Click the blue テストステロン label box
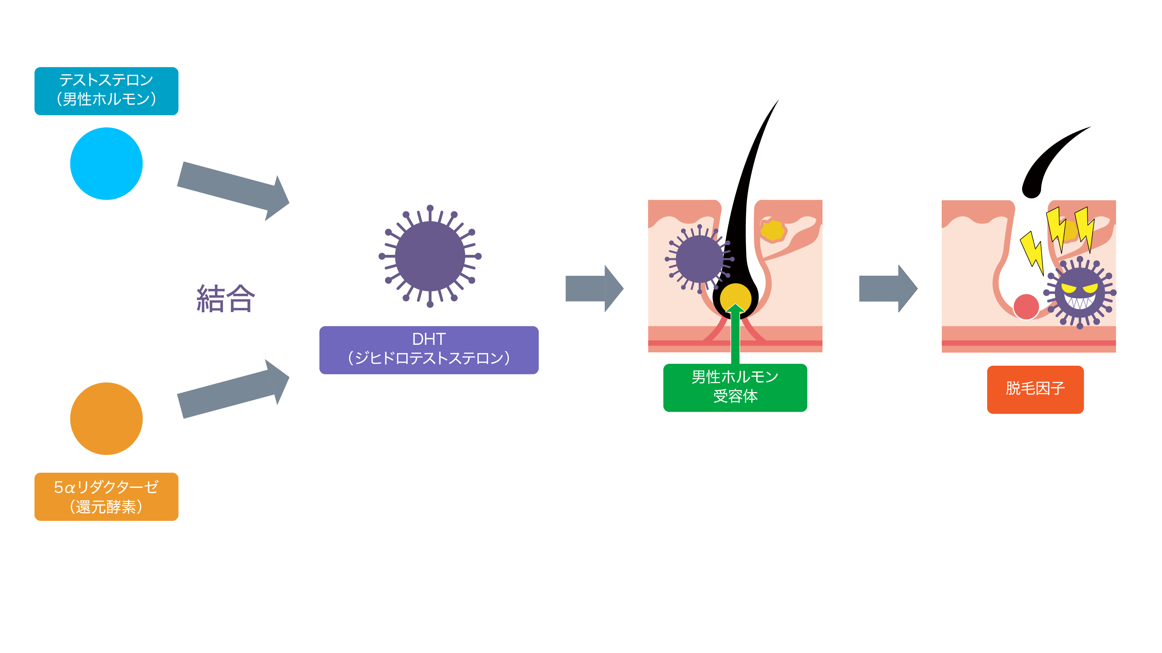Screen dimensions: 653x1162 107,91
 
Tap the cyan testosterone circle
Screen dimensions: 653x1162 107,164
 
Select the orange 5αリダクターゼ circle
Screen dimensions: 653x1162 107,419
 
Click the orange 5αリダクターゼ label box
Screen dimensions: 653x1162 107,497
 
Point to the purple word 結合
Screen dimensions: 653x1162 226,299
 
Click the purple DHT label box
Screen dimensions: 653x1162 429,350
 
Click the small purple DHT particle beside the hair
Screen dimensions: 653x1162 699,259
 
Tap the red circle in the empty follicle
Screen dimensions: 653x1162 1026,307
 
